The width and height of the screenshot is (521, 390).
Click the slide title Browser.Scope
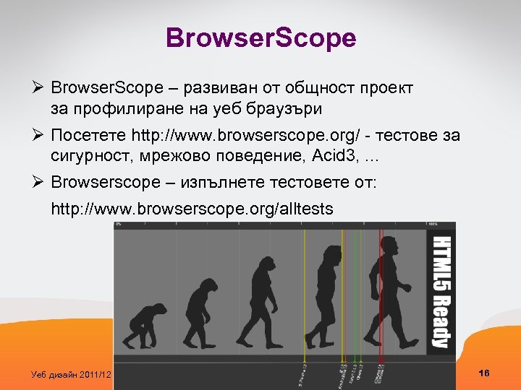pos(260,38)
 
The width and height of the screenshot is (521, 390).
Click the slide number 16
pos(484,373)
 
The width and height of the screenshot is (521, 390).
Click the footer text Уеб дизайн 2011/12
pos(72,374)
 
